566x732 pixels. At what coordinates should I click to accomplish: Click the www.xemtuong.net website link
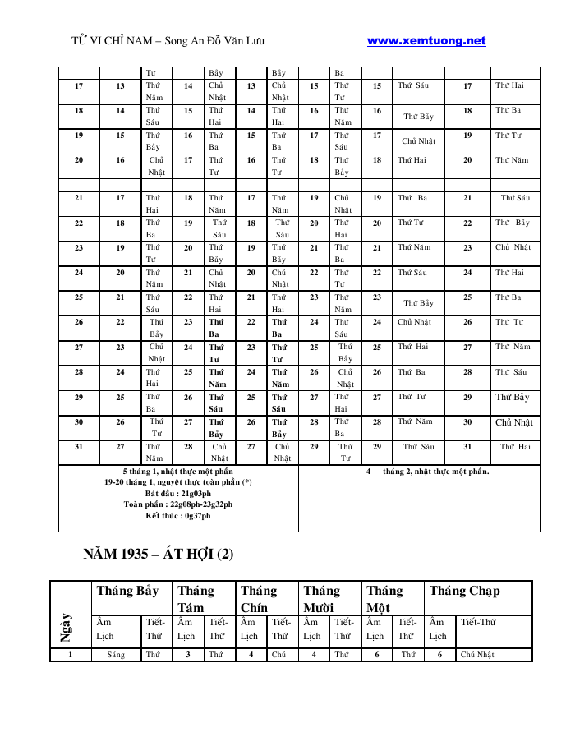tap(426, 40)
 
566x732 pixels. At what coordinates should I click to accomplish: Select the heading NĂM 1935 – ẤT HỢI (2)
tap(159, 554)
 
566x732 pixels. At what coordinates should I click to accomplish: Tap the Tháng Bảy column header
tap(127, 591)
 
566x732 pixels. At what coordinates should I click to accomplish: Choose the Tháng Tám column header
tap(196, 598)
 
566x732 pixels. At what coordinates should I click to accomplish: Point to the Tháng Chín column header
tap(259, 598)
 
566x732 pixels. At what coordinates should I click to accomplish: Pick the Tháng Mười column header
tap(321, 598)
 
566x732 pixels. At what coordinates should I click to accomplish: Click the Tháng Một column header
tap(384, 598)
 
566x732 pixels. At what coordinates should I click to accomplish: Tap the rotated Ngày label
tap(66, 628)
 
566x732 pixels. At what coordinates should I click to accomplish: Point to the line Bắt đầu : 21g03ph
tap(177, 493)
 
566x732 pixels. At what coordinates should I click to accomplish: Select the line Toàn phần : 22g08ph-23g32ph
tap(177, 504)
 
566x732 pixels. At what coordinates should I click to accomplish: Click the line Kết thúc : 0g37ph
tap(177, 515)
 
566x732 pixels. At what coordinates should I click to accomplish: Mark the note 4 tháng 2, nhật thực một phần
tap(427, 471)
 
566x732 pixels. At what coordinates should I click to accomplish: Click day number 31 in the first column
tap(79, 446)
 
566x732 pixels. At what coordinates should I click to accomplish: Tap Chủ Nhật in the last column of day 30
tap(514, 422)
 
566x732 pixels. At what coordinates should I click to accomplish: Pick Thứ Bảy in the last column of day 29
tap(513, 398)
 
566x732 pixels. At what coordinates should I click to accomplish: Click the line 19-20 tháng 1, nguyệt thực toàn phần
tap(177, 482)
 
